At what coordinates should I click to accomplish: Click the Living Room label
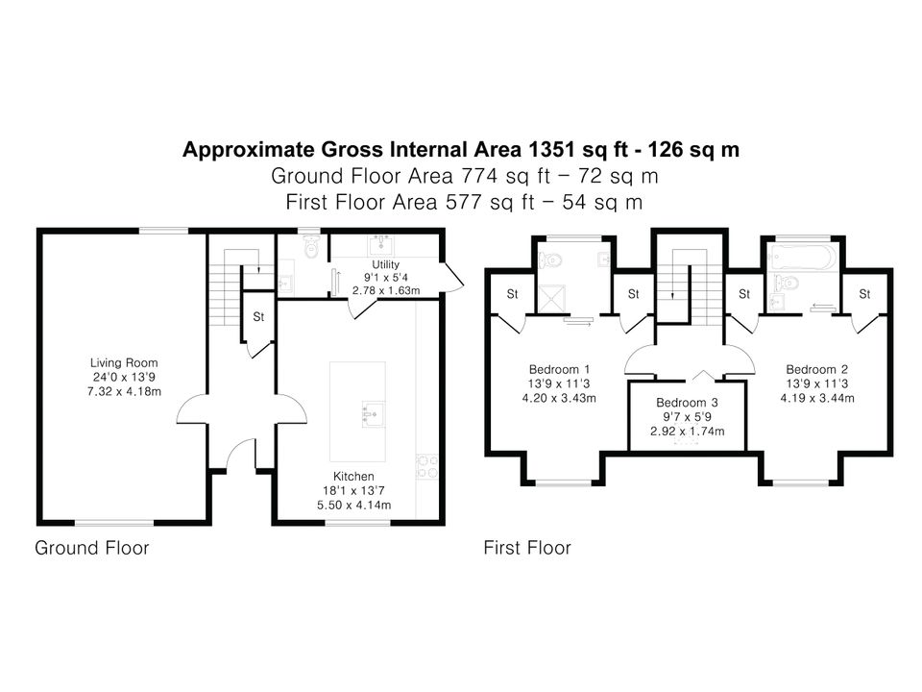point(124,363)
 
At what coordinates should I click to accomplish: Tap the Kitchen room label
point(353,477)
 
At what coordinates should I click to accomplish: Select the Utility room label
point(386,265)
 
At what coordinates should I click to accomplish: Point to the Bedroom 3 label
point(687,403)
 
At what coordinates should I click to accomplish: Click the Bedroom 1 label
point(559,369)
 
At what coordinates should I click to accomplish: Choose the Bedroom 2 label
point(816,369)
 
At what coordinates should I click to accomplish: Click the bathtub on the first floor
point(802,259)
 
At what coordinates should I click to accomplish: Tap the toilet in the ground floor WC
point(311,247)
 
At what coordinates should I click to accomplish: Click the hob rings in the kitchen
point(426,466)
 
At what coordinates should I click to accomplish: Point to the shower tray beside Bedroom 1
point(551,299)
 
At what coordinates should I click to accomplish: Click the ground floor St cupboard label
point(258,316)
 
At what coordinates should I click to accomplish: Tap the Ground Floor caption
point(92,548)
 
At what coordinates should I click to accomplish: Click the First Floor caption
point(527,548)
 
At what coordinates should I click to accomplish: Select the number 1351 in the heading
point(551,150)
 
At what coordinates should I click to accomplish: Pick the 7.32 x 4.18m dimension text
point(124,392)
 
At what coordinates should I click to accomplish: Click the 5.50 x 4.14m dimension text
point(354,505)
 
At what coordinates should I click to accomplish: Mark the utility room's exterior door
point(451,277)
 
